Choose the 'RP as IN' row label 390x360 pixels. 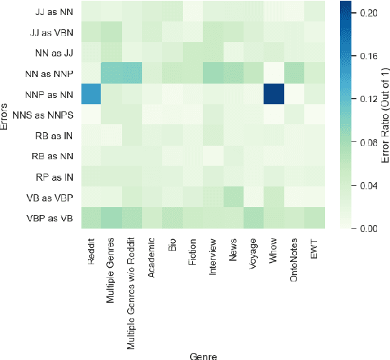click(55, 176)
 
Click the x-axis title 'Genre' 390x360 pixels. click(203, 354)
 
